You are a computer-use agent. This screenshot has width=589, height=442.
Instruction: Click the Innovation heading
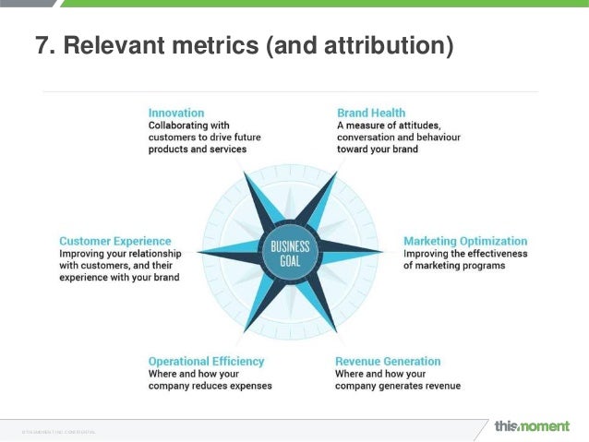pyautogui.click(x=176, y=113)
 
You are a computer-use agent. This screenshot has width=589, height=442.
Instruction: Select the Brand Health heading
pyautogui.click(x=371, y=113)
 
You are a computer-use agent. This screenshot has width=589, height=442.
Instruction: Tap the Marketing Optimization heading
pyautogui.click(x=465, y=241)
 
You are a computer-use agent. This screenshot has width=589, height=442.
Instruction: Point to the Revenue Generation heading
pyautogui.click(x=388, y=361)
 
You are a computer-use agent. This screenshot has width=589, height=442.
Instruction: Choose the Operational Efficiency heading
pyautogui.click(x=206, y=361)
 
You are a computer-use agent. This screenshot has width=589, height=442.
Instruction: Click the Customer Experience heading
pyautogui.click(x=115, y=241)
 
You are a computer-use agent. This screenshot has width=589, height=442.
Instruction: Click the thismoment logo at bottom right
pyautogui.click(x=534, y=426)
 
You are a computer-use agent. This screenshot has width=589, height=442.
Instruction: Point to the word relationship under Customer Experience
pyautogui.click(x=148, y=254)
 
